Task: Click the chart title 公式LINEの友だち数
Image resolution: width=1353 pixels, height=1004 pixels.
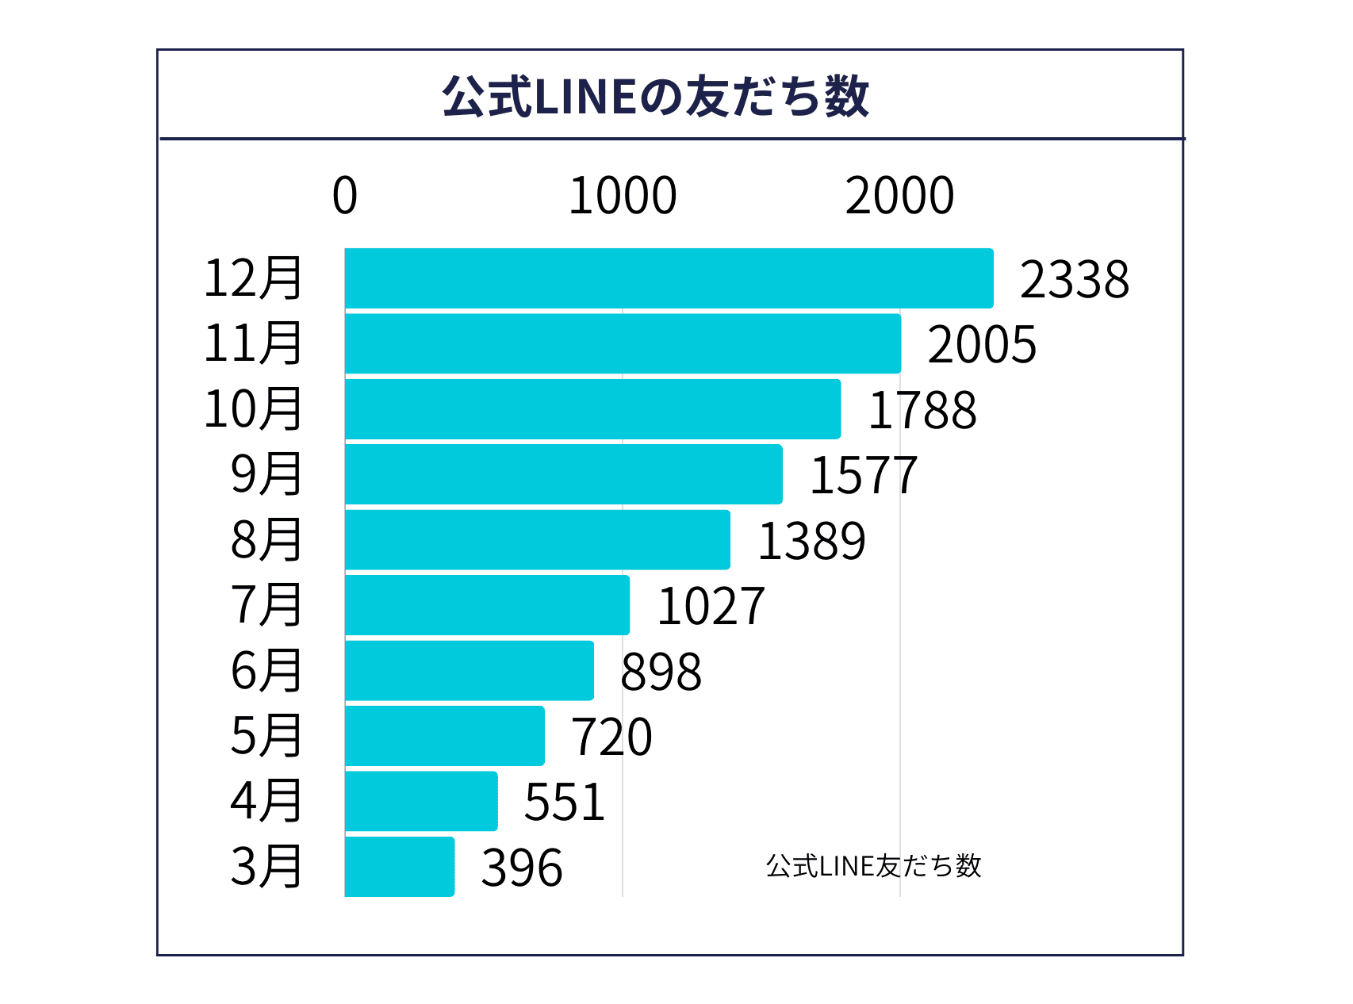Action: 655,97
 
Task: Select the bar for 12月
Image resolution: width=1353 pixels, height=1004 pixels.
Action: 669,278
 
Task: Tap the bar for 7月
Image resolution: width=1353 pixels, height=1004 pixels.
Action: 487,605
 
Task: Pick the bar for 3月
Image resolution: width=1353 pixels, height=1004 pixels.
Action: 400,867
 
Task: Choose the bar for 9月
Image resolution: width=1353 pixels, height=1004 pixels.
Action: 563,474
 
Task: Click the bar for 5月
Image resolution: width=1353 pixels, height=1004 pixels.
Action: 444,736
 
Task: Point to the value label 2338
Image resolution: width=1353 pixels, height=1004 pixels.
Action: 1074,280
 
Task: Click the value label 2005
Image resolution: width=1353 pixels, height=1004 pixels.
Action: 982,345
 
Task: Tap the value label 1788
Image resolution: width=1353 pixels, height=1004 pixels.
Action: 922,411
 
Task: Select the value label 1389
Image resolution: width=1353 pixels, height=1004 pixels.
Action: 811,542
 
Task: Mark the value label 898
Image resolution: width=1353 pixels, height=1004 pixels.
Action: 661,673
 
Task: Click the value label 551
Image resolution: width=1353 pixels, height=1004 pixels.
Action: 565,803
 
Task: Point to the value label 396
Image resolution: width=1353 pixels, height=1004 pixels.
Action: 522,868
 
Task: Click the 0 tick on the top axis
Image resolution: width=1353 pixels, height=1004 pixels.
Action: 345,196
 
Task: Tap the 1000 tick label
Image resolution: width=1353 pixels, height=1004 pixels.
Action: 623,196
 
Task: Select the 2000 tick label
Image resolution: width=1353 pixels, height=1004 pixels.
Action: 899,196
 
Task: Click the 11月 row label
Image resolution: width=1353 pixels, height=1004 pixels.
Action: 253,343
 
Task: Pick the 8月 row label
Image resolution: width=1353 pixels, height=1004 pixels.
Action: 266,540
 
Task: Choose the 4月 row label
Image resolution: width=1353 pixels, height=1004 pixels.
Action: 266,801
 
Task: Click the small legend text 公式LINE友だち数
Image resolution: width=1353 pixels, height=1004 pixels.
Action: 873,866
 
